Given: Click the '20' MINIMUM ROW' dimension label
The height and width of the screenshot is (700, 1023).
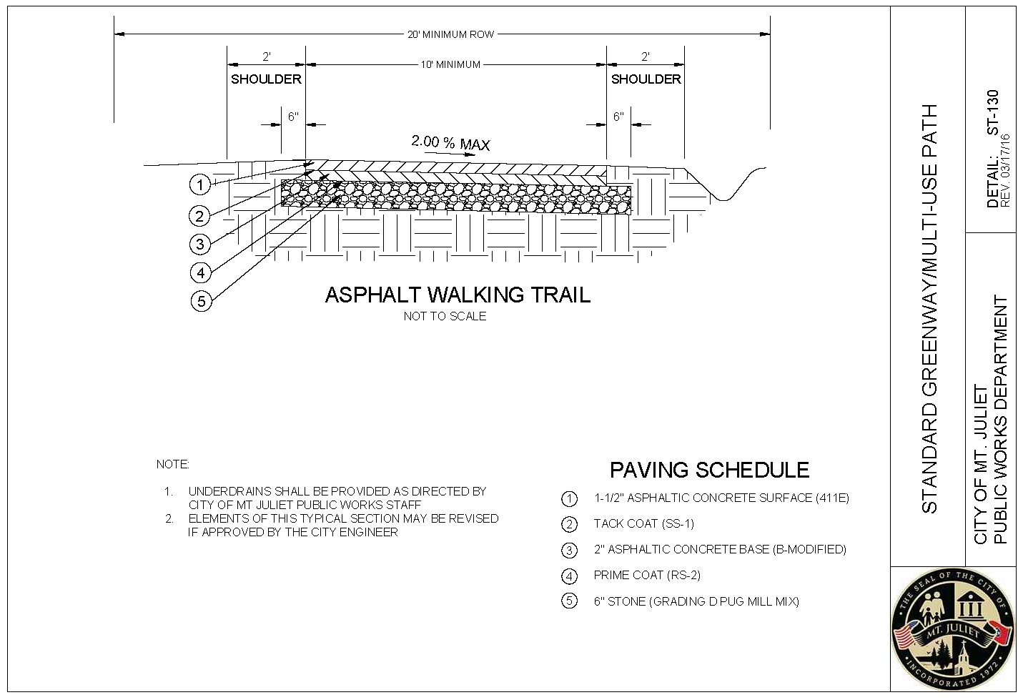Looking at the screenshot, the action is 451,35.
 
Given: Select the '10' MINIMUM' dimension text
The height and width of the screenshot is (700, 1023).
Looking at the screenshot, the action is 450,65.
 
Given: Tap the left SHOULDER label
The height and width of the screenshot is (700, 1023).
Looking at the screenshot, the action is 266,79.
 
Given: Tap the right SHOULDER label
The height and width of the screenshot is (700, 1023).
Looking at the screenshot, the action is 646,79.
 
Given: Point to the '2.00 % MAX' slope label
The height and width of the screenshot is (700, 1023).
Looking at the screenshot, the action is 450,143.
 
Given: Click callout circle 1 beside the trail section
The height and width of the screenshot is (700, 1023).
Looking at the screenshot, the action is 199,185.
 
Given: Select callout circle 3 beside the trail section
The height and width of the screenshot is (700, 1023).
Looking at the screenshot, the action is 200,244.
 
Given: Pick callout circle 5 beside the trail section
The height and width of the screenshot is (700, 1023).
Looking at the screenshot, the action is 202,302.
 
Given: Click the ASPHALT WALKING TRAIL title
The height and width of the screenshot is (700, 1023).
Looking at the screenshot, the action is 458,295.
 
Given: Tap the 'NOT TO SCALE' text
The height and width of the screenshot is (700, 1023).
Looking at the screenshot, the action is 445,316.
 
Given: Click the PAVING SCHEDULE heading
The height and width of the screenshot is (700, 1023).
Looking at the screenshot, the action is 710,470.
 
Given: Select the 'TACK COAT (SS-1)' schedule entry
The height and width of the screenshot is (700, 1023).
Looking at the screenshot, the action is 644,523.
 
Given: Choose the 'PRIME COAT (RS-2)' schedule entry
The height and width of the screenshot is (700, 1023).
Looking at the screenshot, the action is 647,576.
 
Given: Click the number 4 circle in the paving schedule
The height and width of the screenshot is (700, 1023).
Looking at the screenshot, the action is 569,576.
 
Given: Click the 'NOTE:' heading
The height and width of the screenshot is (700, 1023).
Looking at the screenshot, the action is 172,465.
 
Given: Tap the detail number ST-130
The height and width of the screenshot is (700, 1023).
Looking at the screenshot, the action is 993,112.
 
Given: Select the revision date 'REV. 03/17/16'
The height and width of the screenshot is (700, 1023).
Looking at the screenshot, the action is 1005,170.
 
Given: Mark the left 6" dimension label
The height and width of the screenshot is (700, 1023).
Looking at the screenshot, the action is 293,117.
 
